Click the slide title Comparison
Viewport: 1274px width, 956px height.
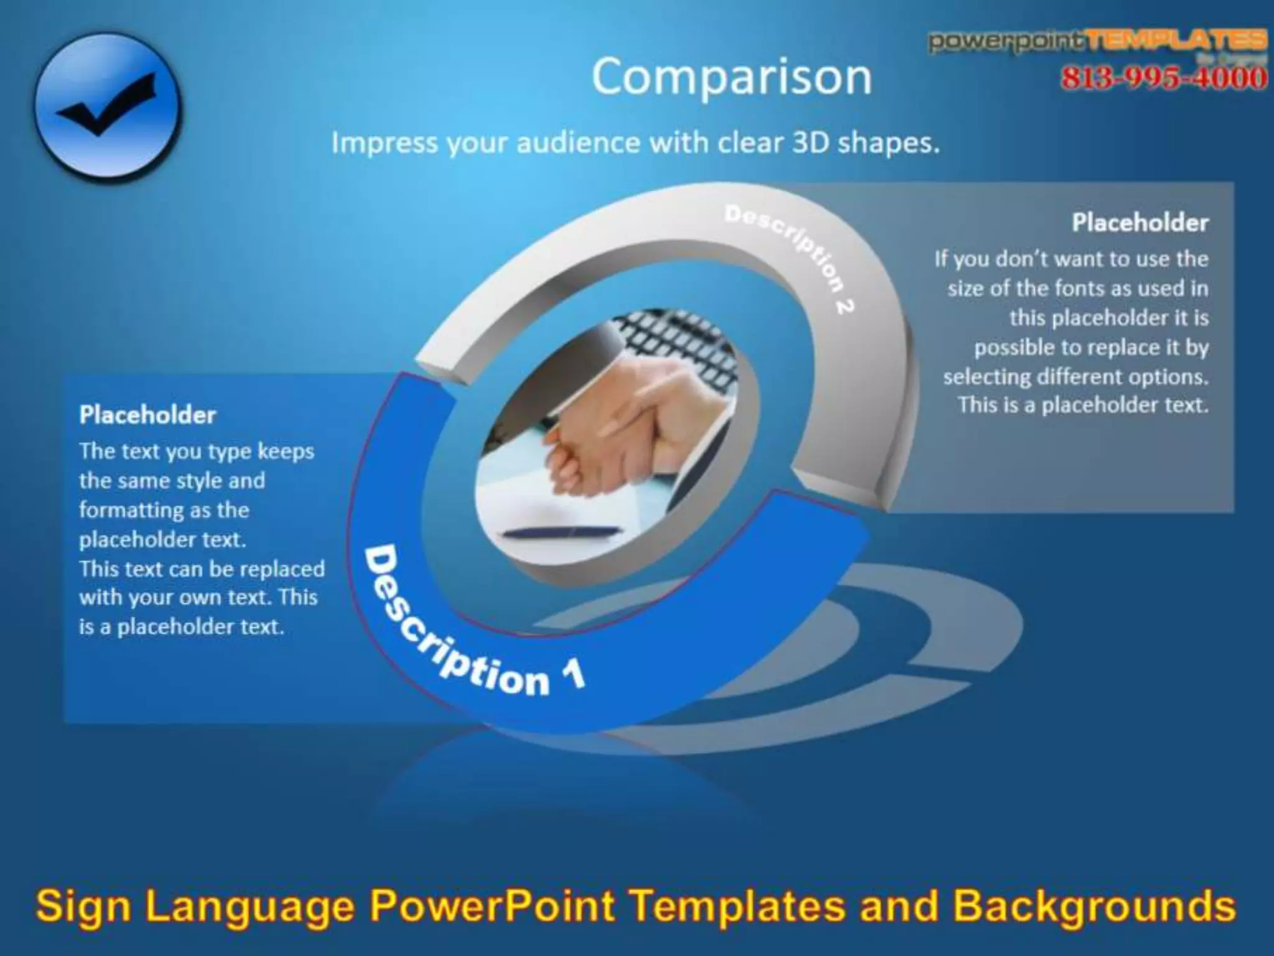[732, 77]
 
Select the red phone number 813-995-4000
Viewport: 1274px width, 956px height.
[1163, 78]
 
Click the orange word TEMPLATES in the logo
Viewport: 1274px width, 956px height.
[1178, 41]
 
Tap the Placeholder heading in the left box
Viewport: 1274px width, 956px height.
[147, 415]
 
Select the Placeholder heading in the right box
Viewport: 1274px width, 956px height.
[1140, 223]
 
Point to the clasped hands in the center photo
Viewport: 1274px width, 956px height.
[622, 423]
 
